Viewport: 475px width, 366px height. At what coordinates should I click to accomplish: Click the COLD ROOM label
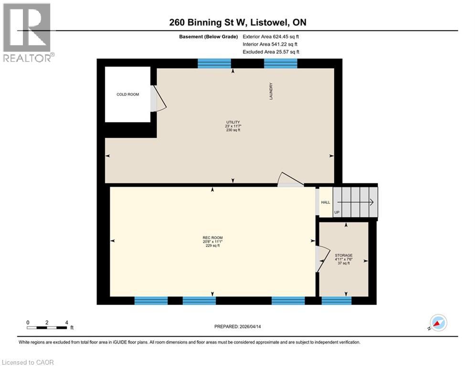tap(127, 94)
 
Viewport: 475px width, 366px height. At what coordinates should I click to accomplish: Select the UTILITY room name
tap(233, 122)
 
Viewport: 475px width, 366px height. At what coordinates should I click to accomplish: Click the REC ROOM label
tap(212, 238)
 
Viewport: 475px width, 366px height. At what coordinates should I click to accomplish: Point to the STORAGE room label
tap(344, 255)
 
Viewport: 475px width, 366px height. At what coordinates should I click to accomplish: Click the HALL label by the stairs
tap(325, 203)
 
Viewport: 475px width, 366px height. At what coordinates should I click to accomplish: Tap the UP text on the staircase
tap(337, 212)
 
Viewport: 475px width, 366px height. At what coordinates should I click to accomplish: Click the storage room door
tap(321, 259)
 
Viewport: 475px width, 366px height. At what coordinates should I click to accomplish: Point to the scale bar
tap(47, 327)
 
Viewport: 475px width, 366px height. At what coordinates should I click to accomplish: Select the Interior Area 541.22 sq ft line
tap(270, 44)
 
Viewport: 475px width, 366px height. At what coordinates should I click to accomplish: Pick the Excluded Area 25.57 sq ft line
tap(271, 52)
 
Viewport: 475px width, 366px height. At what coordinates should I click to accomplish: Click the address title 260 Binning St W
tap(237, 22)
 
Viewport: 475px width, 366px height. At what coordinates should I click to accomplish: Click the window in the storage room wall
tap(337, 300)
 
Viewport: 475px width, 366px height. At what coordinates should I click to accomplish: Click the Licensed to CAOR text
tap(28, 362)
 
